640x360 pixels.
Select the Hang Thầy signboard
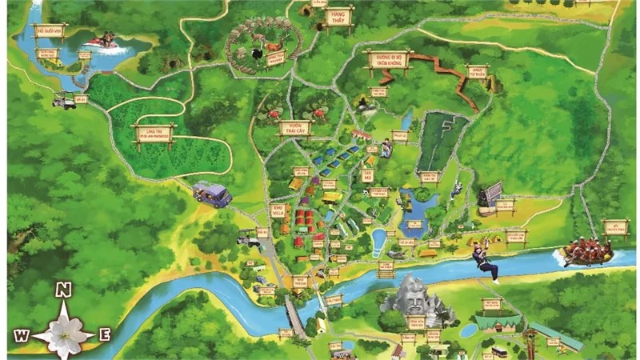point(338,16)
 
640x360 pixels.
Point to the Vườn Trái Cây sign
point(294,127)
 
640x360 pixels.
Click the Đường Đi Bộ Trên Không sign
point(386,58)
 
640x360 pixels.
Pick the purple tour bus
point(212,194)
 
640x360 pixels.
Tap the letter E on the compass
point(104,334)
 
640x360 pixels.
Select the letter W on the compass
point(22,335)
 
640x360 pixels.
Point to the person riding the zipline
point(485,261)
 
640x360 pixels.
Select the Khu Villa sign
point(278,210)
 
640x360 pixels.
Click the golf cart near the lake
point(64,99)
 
